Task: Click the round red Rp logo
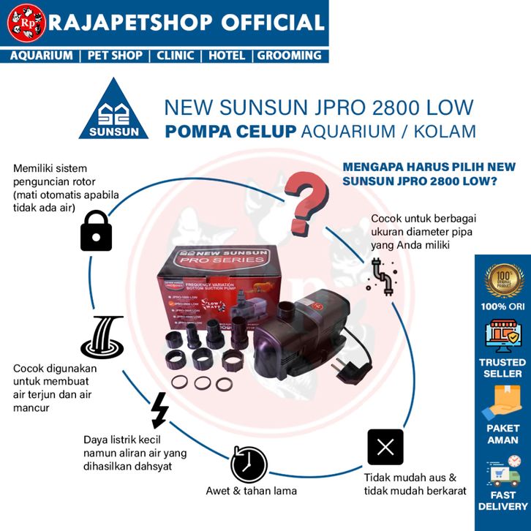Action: [x=26, y=23]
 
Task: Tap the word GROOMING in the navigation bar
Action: [x=288, y=56]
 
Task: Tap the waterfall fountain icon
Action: [x=102, y=337]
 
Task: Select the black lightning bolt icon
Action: [x=159, y=410]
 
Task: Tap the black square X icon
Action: [x=385, y=447]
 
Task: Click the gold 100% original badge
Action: [x=503, y=280]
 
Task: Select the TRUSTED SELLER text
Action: [x=502, y=368]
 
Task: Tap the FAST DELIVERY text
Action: [x=502, y=500]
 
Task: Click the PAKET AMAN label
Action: [x=502, y=434]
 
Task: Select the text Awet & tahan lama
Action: [x=251, y=491]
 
